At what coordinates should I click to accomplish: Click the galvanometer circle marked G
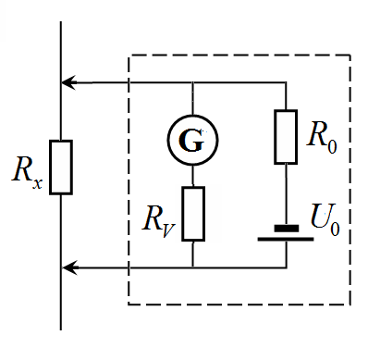[192, 115]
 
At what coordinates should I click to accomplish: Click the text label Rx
[27, 173]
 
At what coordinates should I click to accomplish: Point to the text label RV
[159, 221]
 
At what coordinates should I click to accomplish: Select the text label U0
[325, 219]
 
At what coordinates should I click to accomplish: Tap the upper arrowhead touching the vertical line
[68, 82]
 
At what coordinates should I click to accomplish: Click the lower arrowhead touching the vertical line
[69, 267]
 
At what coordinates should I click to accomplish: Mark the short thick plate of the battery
[287, 229]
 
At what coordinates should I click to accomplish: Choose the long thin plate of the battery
[286, 239]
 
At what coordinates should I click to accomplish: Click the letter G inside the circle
[191, 141]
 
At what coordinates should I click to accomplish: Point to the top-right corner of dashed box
[350, 56]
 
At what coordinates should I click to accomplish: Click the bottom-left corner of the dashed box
[129, 304]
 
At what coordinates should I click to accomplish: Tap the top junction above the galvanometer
[192, 82]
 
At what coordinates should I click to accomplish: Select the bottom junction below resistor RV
[192, 267]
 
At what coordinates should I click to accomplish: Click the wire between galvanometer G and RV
[192, 176]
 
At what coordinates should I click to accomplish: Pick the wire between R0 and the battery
[286, 194]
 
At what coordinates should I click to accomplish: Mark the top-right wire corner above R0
[286, 82]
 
